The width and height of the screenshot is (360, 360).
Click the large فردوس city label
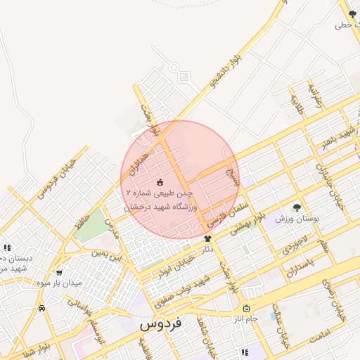[160, 324]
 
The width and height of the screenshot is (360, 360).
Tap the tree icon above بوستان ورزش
[297, 207]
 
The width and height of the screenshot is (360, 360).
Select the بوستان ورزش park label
[297, 219]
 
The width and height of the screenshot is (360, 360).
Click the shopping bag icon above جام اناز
[246, 308]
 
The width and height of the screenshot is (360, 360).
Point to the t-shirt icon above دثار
[207, 239]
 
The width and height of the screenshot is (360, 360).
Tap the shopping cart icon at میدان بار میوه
[59, 272]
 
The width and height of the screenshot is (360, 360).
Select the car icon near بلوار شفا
[42, 308]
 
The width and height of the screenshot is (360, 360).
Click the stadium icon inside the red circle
[159, 182]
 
